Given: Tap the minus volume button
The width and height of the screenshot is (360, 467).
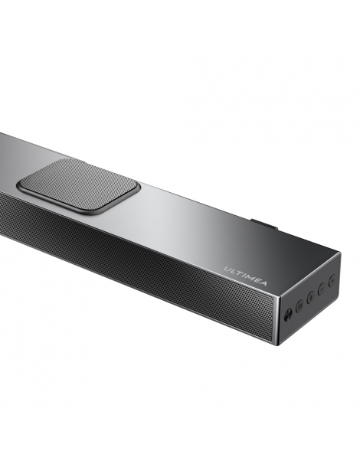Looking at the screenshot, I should click(321, 289).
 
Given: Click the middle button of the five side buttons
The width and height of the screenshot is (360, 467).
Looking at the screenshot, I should click(309, 296).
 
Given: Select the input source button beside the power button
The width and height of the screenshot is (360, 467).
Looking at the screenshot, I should click(299, 305).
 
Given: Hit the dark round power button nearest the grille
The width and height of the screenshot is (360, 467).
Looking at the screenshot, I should click(288, 312).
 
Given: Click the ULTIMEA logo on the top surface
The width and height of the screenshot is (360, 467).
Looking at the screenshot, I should click(245, 274).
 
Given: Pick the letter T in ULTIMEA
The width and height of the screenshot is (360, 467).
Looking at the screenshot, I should click(237, 272).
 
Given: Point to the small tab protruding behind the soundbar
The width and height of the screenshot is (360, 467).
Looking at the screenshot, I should click(264, 225).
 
